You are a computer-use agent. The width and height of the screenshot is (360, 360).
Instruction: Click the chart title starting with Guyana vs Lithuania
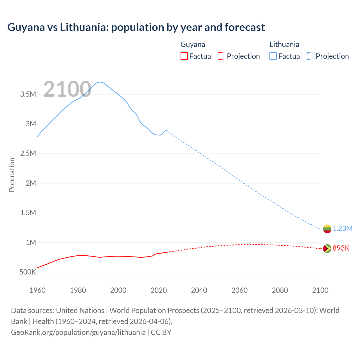coord(136,27)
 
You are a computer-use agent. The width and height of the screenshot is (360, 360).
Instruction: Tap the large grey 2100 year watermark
coord(67,89)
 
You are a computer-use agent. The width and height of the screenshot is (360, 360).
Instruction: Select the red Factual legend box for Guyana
coord(184,56)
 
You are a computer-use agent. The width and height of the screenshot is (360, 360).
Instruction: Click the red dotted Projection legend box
coord(222,56)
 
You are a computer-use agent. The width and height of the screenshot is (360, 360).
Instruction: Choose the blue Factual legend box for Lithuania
coord(273,56)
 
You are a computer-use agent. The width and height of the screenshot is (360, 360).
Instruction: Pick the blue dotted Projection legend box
coord(310,56)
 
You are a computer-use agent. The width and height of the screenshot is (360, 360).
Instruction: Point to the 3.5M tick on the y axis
coord(28,94)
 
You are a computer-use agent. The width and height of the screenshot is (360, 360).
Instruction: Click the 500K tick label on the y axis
coord(28,272)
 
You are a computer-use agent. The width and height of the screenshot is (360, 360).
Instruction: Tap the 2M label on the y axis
coord(31,183)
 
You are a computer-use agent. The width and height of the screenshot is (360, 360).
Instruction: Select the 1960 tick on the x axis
coord(37,290)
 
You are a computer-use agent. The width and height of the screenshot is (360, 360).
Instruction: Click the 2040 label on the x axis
coord(199,290)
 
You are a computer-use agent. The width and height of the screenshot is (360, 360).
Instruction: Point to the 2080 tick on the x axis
coord(280,290)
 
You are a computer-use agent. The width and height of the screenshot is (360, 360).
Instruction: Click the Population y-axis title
coord(12,175)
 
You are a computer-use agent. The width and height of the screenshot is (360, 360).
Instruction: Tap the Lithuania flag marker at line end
coord(327,229)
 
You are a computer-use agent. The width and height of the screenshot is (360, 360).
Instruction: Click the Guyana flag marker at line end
coord(327,249)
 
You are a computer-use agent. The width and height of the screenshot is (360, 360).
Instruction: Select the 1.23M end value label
coord(343,228)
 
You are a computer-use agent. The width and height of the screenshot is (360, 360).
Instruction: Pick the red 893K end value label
coord(341,248)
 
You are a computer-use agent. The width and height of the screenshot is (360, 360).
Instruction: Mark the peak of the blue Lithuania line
coord(100,82)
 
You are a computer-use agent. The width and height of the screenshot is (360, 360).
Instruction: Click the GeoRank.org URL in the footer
coord(78,332)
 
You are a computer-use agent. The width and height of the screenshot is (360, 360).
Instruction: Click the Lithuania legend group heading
coord(284,44)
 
